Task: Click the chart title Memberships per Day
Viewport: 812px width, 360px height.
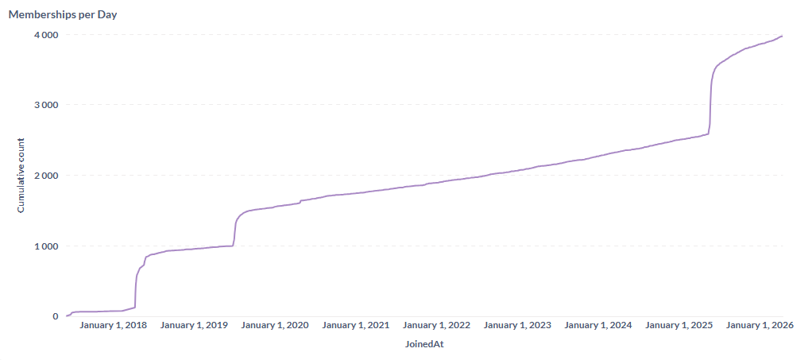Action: pyautogui.click(x=63, y=14)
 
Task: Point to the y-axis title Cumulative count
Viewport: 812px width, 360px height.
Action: pyautogui.click(x=21, y=176)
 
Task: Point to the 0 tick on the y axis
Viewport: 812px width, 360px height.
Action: pyautogui.click(x=56, y=316)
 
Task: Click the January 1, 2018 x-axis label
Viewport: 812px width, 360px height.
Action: pyautogui.click(x=113, y=325)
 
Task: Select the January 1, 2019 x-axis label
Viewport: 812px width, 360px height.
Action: pyautogui.click(x=194, y=325)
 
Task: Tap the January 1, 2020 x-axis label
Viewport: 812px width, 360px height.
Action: pyautogui.click(x=275, y=325)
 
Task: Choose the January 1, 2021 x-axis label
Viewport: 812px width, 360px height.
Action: pyautogui.click(x=356, y=325)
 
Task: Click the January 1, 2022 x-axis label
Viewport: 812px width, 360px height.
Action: pyautogui.click(x=437, y=325)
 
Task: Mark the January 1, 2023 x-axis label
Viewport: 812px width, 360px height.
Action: pyautogui.click(x=518, y=325)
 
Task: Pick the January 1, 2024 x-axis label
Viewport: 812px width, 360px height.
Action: pyautogui.click(x=598, y=325)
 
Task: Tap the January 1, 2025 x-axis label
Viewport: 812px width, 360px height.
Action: pyautogui.click(x=679, y=325)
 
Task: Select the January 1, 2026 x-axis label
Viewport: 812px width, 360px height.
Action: pyautogui.click(x=760, y=325)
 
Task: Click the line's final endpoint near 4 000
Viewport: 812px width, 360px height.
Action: pyautogui.click(x=783, y=36)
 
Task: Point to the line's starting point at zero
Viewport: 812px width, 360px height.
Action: pyautogui.click(x=67, y=315)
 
